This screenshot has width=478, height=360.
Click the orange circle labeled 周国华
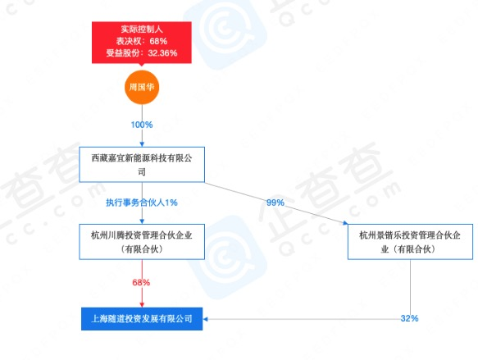(142, 87)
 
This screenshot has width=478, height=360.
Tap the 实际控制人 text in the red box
(142, 30)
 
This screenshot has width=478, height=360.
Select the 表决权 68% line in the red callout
(142, 41)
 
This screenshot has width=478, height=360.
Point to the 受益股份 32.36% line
(142, 53)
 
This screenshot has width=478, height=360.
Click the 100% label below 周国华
(142, 125)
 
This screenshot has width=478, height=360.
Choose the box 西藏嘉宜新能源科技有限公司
(142, 165)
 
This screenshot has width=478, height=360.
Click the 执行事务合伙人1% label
(142, 203)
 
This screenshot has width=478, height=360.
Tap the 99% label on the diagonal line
(275, 203)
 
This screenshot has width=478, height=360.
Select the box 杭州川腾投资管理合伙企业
(142, 242)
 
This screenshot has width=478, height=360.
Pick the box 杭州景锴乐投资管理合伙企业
(410, 242)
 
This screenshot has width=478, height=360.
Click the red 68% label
(141, 283)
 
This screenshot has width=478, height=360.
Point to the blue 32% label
(409, 318)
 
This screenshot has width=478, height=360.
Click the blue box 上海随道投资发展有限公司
(142, 319)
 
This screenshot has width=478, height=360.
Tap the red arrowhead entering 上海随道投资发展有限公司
(142, 305)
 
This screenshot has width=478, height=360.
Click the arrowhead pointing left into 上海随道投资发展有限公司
(205, 319)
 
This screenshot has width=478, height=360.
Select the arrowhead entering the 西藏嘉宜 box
(142, 144)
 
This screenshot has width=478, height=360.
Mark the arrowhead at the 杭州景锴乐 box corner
(345, 223)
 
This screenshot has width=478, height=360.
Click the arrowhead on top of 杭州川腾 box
(142, 221)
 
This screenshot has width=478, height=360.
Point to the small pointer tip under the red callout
(141, 65)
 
